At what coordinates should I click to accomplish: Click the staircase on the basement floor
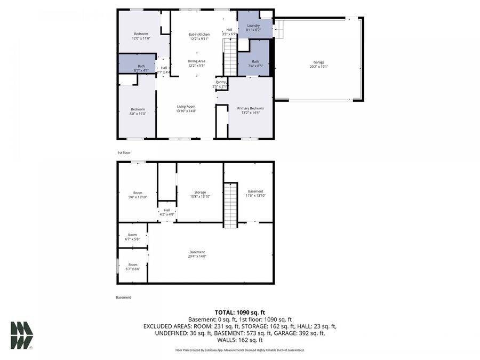229,205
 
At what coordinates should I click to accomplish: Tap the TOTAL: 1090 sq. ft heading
239,313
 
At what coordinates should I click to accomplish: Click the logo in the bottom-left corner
21,335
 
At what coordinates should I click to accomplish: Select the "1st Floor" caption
124,153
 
